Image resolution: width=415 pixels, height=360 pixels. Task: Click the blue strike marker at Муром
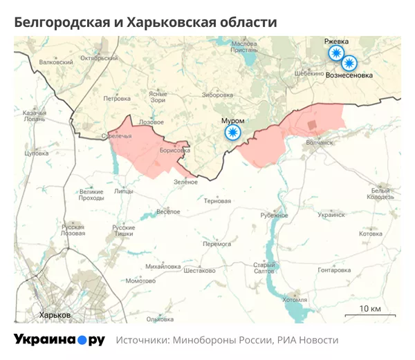pos(234,131)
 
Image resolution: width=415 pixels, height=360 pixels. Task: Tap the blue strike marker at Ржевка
pos(336,53)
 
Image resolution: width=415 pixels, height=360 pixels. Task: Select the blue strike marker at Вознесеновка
pos(349,63)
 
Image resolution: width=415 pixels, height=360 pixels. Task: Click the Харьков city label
pos(55,314)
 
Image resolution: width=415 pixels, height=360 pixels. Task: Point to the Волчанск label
pos(319,143)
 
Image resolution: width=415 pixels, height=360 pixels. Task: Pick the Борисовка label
pos(174,149)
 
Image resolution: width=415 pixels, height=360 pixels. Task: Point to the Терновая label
pos(217,201)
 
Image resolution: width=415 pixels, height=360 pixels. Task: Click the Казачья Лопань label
pos(35,115)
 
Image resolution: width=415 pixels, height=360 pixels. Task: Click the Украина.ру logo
pos(59,340)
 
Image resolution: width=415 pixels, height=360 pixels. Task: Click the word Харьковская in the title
pos(163,22)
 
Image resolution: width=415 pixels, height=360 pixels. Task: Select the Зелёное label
pos(185,182)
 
